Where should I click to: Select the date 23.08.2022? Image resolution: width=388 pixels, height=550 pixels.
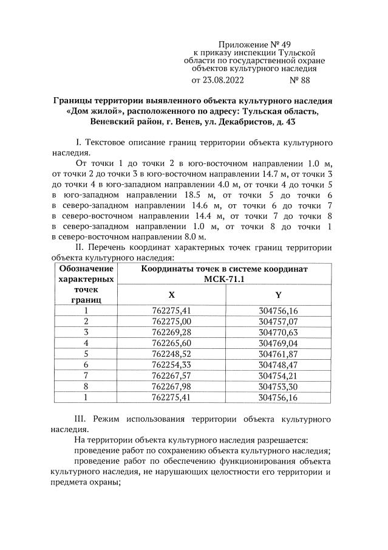point(222,80)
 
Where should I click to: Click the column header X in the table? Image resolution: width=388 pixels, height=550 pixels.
point(171,295)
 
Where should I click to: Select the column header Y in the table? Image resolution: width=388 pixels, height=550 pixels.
point(278,295)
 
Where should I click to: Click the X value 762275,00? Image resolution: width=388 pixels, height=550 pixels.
point(171,321)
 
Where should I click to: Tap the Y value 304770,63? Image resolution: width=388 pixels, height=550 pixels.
point(278,332)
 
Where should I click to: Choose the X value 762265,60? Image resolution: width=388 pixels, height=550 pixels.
point(171,343)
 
